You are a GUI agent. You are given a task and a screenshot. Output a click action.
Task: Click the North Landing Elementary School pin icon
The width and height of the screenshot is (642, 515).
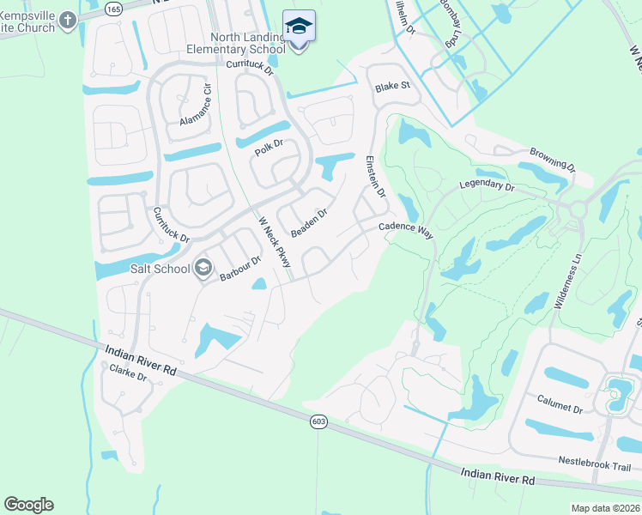[299, 27]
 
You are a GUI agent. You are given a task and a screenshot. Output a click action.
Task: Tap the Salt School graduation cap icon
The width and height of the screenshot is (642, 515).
[203, 270]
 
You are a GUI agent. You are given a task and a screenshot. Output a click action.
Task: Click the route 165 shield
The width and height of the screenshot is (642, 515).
[113, 8]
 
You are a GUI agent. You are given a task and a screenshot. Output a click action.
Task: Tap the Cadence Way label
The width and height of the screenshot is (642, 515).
[406, 227]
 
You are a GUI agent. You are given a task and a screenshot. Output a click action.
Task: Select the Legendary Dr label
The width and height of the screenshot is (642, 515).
[487, 185]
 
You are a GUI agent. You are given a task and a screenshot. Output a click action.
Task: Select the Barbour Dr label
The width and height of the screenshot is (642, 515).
[239, 269]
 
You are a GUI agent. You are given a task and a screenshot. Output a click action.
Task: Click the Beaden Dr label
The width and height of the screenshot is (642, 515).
[310, 223]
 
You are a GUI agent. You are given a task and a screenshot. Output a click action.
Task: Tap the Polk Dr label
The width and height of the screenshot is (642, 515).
[269, 147]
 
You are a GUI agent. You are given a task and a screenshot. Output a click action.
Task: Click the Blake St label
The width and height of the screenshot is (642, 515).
[392, 86]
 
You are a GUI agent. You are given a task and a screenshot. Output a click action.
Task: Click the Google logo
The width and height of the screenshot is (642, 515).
[28, 505]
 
